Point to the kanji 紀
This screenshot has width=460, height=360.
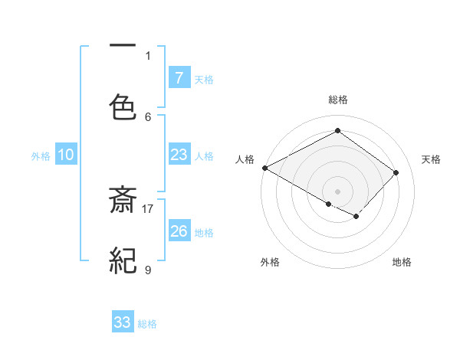123,262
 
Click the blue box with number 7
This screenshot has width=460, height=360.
179,77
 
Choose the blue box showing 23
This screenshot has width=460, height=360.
179,155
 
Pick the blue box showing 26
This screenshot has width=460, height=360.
179,231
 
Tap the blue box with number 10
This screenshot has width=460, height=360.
66,155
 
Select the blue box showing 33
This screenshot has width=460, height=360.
123,322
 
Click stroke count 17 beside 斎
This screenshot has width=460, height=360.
149,208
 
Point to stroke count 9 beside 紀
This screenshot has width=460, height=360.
148,269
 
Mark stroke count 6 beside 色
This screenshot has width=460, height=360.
148,116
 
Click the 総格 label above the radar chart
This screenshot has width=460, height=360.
337,100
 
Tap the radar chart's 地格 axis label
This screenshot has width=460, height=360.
402,262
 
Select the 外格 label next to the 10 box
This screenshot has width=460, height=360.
41,155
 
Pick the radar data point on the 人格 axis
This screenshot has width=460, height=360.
264,168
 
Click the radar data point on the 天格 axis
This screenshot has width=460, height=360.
396,172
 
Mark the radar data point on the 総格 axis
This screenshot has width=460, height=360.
337,131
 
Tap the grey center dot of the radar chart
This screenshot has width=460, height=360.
337,191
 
